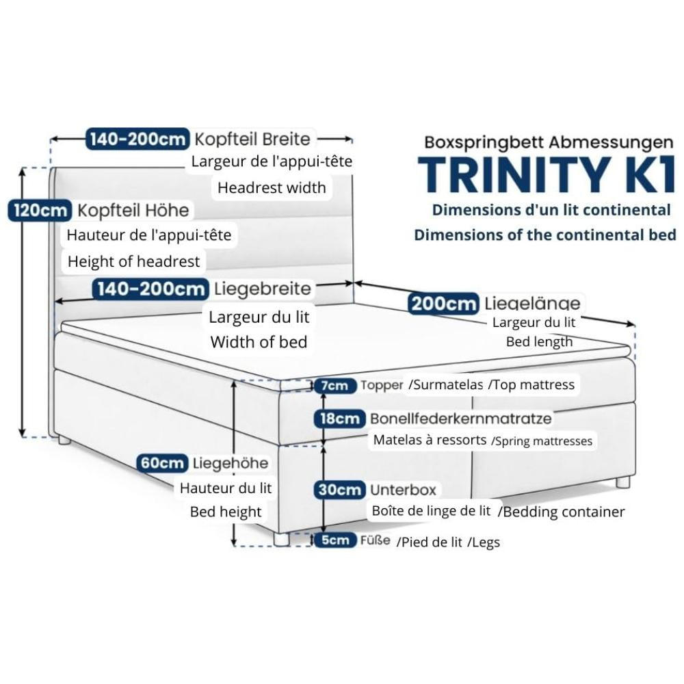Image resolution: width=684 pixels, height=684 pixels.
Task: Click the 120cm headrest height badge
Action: point(38,210)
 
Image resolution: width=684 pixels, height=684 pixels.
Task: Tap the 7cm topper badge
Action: point(335,386)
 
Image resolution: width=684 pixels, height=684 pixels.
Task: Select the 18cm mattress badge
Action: point(338,418)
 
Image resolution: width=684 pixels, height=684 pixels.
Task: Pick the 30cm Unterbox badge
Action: point(338,490)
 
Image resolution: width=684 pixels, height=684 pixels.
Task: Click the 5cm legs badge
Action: point(335,540)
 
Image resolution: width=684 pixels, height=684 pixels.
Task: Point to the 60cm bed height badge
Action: point(161,463)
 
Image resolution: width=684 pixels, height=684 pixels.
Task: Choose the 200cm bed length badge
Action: point(443,303)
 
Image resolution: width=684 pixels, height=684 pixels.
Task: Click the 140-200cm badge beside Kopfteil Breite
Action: point(137,139)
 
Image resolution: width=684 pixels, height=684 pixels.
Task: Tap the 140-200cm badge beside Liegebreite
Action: point(150,289)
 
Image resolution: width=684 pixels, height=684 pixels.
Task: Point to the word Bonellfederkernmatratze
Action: point(461,418)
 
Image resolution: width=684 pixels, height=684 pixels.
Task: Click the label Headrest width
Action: point(272,187)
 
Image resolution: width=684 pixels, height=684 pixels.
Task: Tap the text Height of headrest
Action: point(133,261)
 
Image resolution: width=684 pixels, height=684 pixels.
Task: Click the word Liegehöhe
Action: point(231,463)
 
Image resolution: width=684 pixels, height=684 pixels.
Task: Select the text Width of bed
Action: point(259,342)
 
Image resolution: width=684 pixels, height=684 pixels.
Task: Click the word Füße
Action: point(376,540)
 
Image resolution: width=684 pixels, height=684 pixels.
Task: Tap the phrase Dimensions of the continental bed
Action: point(544,235)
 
